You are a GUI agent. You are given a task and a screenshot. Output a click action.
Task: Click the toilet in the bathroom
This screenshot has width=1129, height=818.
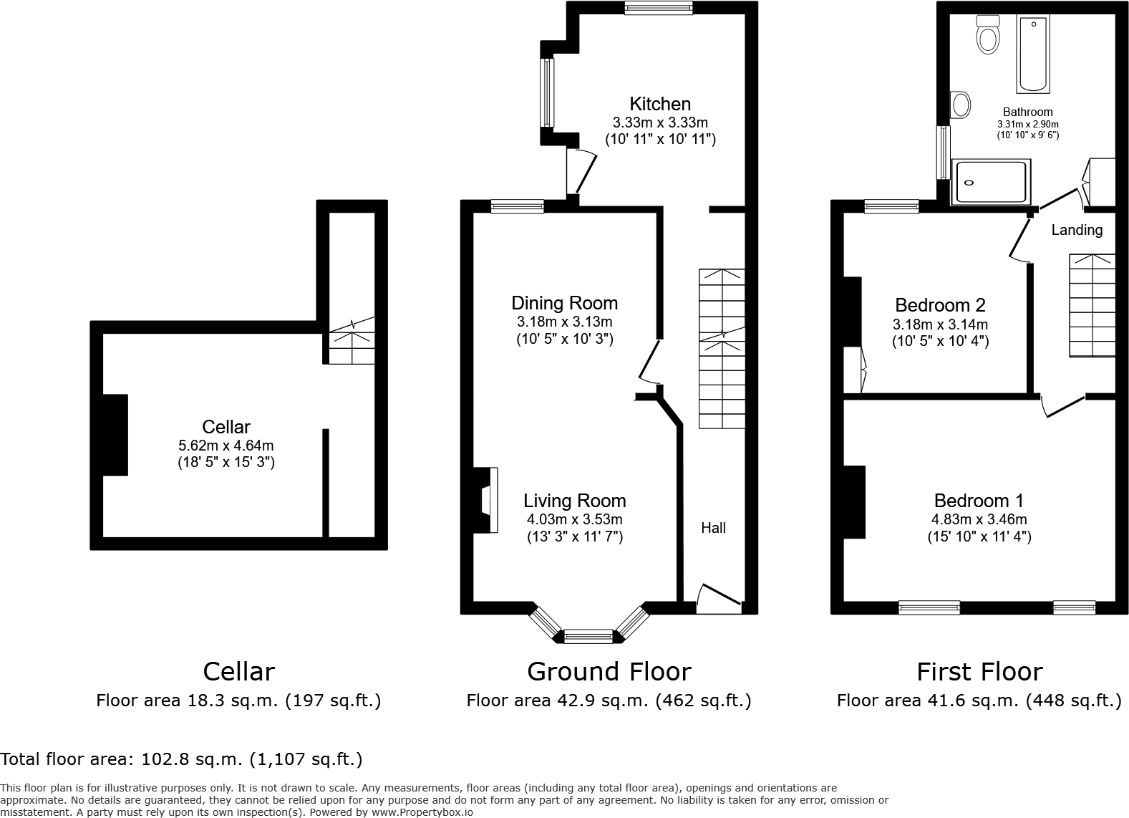click(x=988, y=34)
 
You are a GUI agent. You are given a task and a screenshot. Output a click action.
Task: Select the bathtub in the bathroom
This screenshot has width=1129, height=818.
click(x=1034, y=54)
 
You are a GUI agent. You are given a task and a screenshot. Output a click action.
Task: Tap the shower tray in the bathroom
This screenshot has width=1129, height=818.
click(x=991, y=183)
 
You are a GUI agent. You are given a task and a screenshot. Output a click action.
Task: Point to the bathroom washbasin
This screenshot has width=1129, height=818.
click(x=960, y=105)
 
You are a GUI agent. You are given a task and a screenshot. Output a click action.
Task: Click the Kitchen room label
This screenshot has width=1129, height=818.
click(x=659, y=103)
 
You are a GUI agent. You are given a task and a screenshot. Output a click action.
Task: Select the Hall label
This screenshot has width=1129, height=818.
click(x=713, y=528)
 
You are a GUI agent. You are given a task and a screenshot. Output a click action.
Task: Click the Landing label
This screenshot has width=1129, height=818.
click(x=1076, y=230)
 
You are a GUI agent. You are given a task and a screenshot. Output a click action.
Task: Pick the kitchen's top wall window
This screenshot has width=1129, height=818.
click(x=658, y=8)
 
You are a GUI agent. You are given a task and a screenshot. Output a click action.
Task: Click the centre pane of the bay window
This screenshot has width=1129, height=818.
click(x=588, y=635)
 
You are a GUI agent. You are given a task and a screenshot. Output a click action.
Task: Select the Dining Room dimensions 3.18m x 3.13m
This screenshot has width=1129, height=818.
click(x=564, y=322)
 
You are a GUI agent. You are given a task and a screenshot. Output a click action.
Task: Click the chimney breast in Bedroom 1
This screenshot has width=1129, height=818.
click(x=854, y=501)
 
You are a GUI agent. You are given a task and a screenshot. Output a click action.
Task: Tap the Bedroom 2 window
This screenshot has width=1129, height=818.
click(x=891, y=207)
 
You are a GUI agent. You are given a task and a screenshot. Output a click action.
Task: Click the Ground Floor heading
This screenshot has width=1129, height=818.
click(x=609, y=672)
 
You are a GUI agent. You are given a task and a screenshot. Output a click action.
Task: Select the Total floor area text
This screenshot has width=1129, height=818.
click(x=181, y=759)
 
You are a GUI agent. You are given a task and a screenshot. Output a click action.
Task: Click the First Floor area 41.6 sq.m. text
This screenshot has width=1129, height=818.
click(x=979, y=701)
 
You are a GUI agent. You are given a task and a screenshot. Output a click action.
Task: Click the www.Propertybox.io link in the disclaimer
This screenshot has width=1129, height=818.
click(x=422, y=812)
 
